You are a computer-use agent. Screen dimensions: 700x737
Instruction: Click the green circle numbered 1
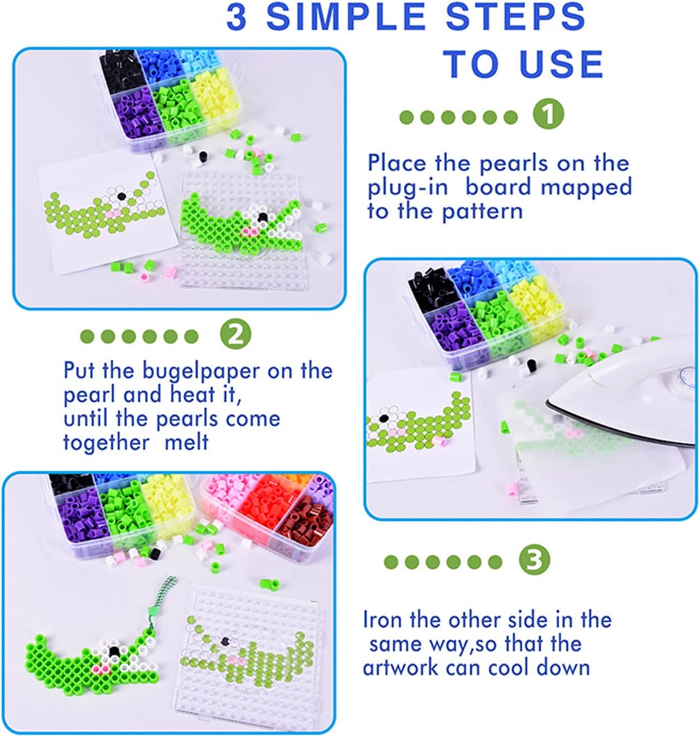549,115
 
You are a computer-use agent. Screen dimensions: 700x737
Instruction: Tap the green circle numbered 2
236,335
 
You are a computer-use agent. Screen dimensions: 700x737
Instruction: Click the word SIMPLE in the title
346,17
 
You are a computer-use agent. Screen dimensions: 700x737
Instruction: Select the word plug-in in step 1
408,187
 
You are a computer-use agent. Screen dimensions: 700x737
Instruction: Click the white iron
623,401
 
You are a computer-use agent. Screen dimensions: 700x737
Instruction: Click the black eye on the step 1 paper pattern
121,196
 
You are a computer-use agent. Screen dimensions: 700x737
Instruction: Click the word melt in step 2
186,442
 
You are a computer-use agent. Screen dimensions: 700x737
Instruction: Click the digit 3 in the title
237,17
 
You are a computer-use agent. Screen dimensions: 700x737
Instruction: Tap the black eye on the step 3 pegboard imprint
225,641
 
